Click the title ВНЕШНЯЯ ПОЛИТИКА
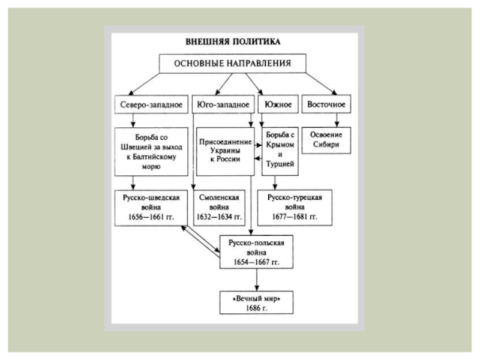233,41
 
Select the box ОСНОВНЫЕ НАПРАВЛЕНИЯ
233,64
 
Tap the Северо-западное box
151,104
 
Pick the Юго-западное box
223,104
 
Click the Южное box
278,104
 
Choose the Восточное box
326,104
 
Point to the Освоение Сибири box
326,140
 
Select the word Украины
225,151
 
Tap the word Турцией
280,164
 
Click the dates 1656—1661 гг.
151,217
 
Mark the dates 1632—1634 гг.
219,217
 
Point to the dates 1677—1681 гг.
295,217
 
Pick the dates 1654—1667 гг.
257,262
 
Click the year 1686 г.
257,308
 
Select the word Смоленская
219,197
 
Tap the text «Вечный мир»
257,298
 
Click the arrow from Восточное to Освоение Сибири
337,121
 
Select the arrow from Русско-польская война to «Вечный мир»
257,280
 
